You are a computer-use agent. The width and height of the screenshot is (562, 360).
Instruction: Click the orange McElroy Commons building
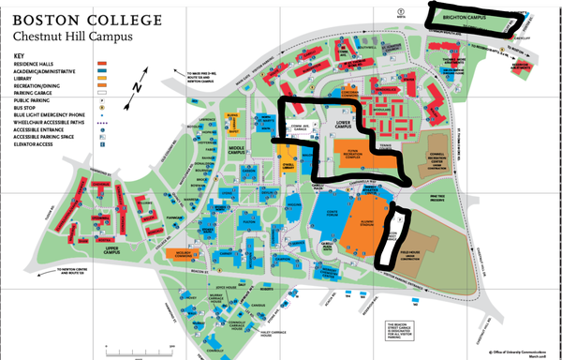(184, 253)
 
